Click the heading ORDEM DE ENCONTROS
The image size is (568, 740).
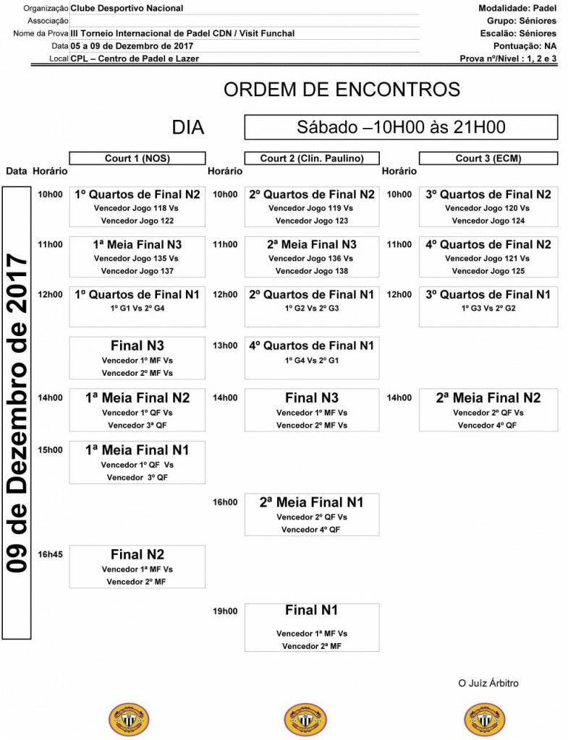point(342,90)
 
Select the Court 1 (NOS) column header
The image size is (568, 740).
point(137,158)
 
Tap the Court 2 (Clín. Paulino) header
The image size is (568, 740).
point(312,158)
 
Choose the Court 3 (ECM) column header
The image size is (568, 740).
point(488,158)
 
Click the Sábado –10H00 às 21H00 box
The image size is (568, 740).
point(401,127)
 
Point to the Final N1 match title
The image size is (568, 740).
point(311,611)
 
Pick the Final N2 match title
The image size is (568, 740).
point(137,555)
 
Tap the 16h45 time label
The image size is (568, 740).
point(51,554)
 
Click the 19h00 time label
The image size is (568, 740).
point(225,611)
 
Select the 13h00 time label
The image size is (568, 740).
point(225,345)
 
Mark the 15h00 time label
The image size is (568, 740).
point(51,449)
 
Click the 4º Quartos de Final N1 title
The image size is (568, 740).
point(311,345)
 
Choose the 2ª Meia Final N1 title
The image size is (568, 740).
point(311,502)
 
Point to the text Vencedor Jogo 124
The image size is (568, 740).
point(488,221)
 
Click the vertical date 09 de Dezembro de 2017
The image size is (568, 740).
point(16,412)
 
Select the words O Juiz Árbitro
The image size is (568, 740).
point(488,683)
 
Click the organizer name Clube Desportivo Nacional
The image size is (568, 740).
point(127,9)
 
